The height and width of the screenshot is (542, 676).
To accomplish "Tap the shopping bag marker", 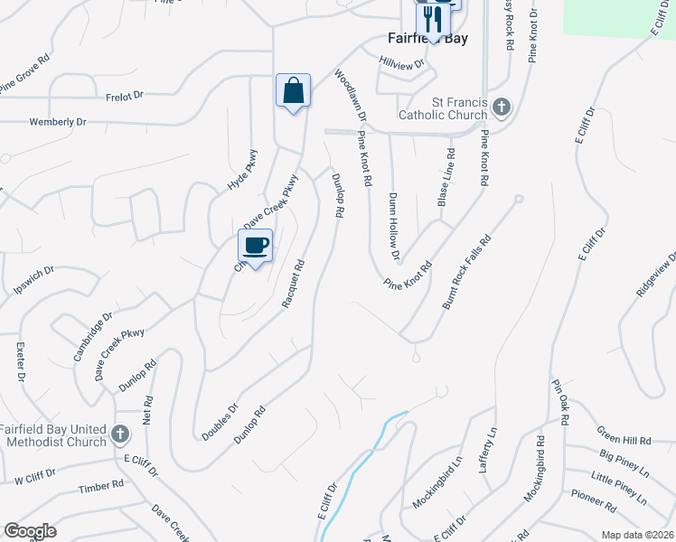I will [293, 91].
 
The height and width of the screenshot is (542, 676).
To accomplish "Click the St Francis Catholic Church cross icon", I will [502, 108].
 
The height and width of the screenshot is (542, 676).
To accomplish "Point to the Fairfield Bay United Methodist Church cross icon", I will [119, 436].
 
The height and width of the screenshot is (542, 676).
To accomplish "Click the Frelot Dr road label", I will [125, 94].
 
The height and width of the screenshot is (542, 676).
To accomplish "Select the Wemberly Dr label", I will [58, 121].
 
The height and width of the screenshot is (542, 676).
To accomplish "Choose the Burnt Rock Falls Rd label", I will [465, 273].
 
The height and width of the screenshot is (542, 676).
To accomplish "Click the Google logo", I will [30, 531].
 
